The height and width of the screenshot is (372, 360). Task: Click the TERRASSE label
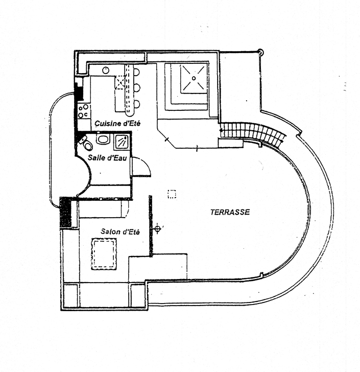[x=230, y=212]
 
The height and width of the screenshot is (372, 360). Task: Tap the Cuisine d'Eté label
[x=117, y=123]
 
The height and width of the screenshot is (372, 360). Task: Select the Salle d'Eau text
[x=107, y=158]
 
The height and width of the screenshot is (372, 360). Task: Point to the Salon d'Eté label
[x=120, y=231]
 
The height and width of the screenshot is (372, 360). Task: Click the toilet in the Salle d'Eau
[x=86, y=143]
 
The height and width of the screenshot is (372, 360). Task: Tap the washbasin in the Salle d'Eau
[x=103, y=138]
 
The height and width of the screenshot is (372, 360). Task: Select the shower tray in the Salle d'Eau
[x=122, y=142]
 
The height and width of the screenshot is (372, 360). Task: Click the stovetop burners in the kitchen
[x=84, y=111]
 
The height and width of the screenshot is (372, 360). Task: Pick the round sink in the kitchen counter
[x=106, y=70]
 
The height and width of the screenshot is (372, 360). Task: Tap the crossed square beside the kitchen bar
[x=120, y=82]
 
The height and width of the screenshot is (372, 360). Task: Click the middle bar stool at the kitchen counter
[x=137, y=88]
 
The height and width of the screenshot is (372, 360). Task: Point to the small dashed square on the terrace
[x=172, y=194]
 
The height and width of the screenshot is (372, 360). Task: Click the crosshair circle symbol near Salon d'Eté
[x=157, y=229]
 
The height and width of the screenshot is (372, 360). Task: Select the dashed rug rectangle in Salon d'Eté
[x=104, y=254]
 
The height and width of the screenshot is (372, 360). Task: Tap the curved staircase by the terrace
[x=253, y=132]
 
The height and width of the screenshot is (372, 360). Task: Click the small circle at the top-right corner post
[x=260, y=51]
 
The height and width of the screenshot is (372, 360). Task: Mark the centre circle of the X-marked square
[x=194, y=78]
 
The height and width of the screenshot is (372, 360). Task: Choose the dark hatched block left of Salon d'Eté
[x=65, y=212]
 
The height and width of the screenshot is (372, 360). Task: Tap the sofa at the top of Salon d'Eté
[x=102, y=209]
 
